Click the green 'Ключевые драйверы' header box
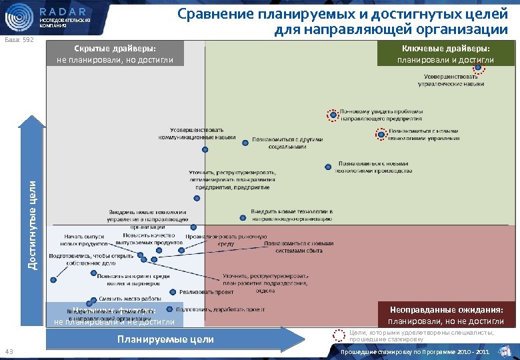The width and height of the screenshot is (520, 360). click(x=445, y=54)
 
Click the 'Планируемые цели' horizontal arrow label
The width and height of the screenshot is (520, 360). click(x=165, y=339)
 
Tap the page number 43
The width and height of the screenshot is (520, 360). click(x=9, y=352)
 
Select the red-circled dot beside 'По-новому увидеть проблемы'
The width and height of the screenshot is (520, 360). click(x=333, y=115)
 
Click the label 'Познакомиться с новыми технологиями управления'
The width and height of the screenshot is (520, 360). click(x=423, y=135)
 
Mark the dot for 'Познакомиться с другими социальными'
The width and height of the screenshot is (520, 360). click(x=245, y=141)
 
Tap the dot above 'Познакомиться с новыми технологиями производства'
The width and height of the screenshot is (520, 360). click(x=327, y=167)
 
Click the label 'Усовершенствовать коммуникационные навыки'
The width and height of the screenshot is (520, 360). click(x=197, y=133)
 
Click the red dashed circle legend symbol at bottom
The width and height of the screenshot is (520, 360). click(x=339, y=337)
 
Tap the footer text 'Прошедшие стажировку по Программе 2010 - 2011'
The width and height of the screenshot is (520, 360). click(x=415, y=351)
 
